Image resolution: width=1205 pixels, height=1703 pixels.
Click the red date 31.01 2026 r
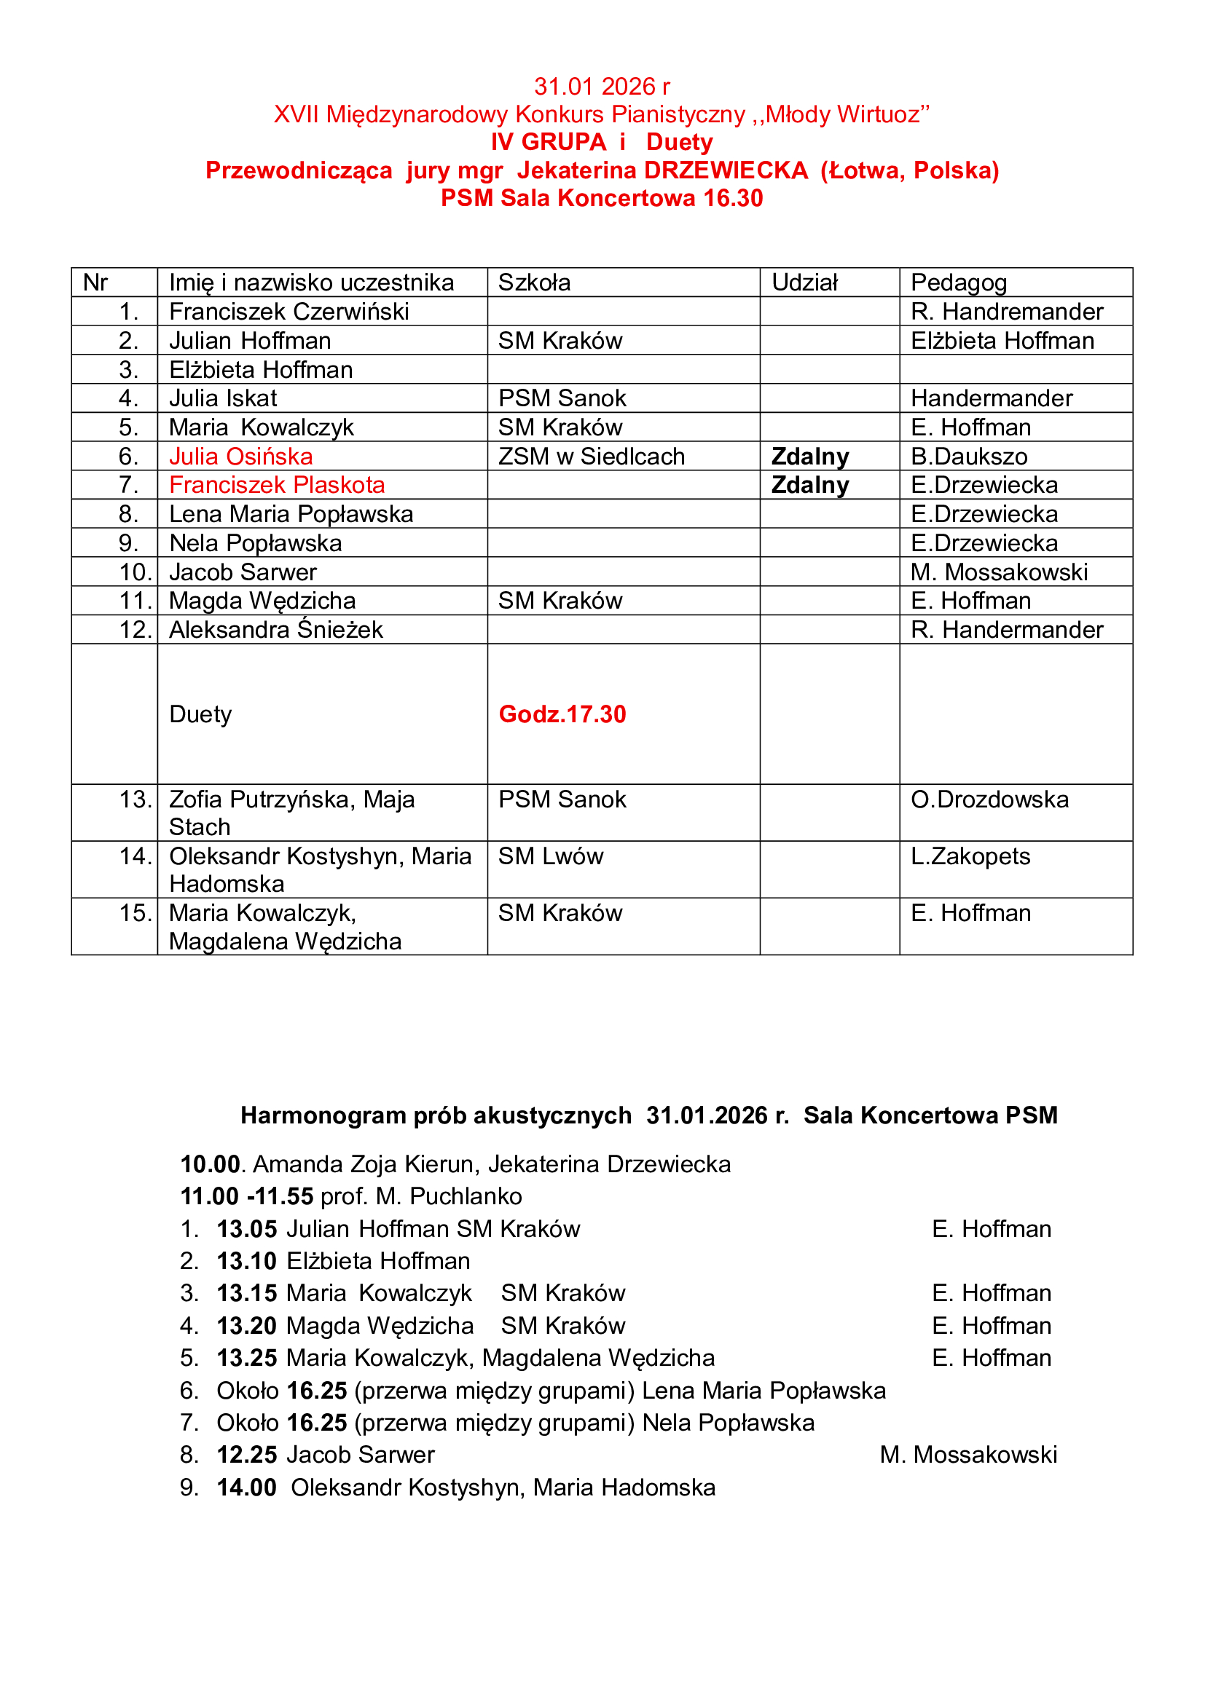click(602, 87)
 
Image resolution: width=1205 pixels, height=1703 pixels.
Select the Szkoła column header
click(534, 282)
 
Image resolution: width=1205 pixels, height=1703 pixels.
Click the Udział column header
click(804, 282)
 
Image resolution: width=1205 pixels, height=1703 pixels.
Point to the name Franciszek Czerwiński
click(289, 312)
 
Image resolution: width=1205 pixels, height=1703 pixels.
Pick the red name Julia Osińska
click(240, 457)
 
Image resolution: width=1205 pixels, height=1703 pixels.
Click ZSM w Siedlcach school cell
click(592, 457)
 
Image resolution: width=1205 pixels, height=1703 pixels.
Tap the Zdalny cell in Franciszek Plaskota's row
click(809, 485)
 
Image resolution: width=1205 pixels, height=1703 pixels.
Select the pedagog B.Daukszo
click(969, 457)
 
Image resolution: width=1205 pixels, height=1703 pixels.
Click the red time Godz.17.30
click(562, 714)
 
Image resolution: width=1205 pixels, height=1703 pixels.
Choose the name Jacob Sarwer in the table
click(243, 572)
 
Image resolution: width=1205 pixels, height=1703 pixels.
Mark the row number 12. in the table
click(135, 630)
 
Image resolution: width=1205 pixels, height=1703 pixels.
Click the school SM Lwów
click(551, 856)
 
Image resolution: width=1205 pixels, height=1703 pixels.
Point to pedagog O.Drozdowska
click(990, 799)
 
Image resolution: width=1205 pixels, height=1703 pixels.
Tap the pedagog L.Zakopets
click(970, 856)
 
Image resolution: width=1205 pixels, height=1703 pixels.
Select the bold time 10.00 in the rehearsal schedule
click(210, 1164)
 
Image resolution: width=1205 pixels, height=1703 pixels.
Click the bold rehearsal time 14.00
click(246, 1487)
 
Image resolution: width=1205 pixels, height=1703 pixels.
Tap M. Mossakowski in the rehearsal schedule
click(967, 1455)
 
